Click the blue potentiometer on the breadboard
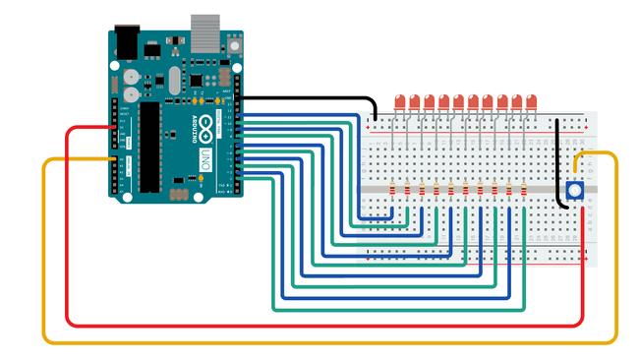point(574,192)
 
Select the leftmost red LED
point(400,101)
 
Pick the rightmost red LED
point(531,101)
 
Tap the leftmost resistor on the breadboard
point(393,189)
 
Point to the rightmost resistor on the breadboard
point(524,189)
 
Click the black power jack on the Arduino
point(126,42)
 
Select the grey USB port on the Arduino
point(204,32)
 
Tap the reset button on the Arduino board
point(236,46)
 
